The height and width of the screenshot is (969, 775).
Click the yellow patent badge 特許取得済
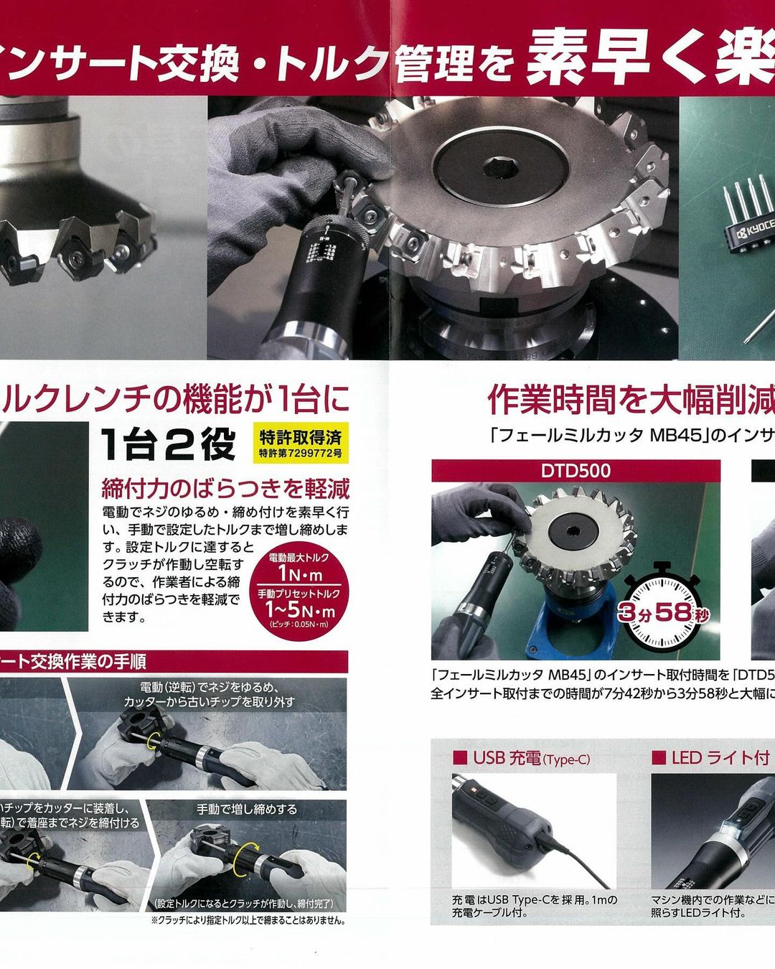(x=301, y=444)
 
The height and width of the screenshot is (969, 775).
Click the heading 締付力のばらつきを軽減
(x=225, y=489)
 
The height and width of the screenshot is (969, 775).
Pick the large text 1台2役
(x=168, y=445)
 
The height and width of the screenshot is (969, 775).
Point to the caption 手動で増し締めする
(x=247, y=809)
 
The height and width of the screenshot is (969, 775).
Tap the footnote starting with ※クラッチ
(x=248, y=920)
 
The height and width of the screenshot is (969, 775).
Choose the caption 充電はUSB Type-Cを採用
(x=534, y=899)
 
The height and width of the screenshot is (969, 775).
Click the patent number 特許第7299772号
(x=301, y=454)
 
